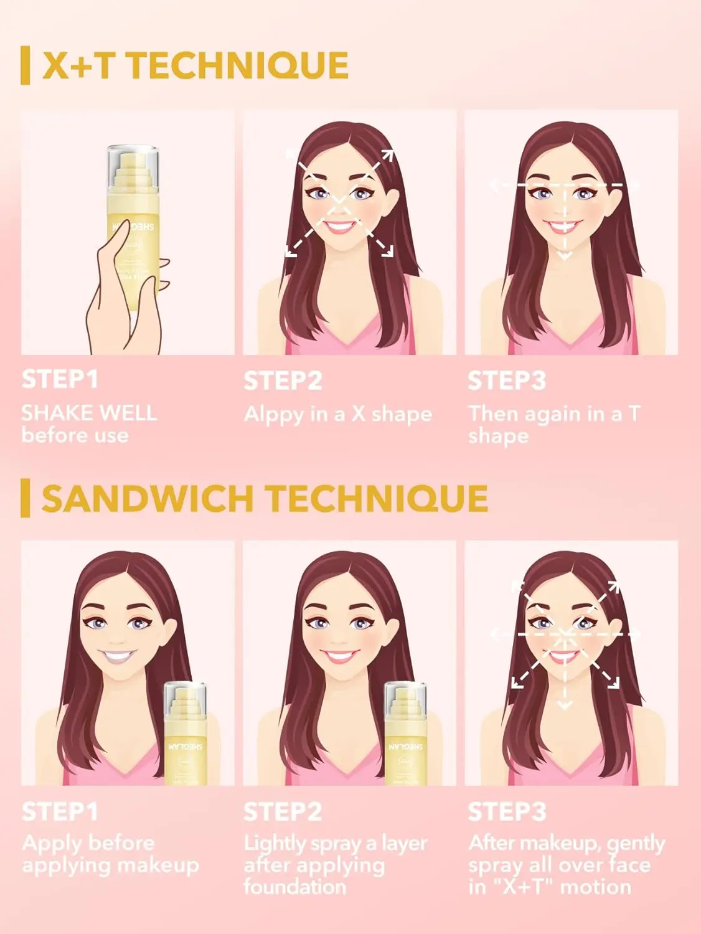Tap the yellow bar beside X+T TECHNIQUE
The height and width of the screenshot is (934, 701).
click(x=25, y=65)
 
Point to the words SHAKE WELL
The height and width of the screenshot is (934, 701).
click(x=89, y=413)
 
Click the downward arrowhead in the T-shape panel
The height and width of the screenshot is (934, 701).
click(x=565, y=256)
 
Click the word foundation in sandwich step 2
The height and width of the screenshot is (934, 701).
click(x=294, y=887)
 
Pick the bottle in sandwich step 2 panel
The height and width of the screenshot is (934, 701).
click(x=405, y=735)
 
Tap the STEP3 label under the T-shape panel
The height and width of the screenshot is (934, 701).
click(x=506, y=380)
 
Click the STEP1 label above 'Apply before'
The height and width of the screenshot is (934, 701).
click(x=60, y=812)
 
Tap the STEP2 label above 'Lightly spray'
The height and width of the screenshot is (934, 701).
click(x=283, y=812)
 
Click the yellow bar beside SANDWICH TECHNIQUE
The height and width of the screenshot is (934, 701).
click(x=25, y=498)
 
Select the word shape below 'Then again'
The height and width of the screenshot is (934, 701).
click(x=498, y=436)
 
